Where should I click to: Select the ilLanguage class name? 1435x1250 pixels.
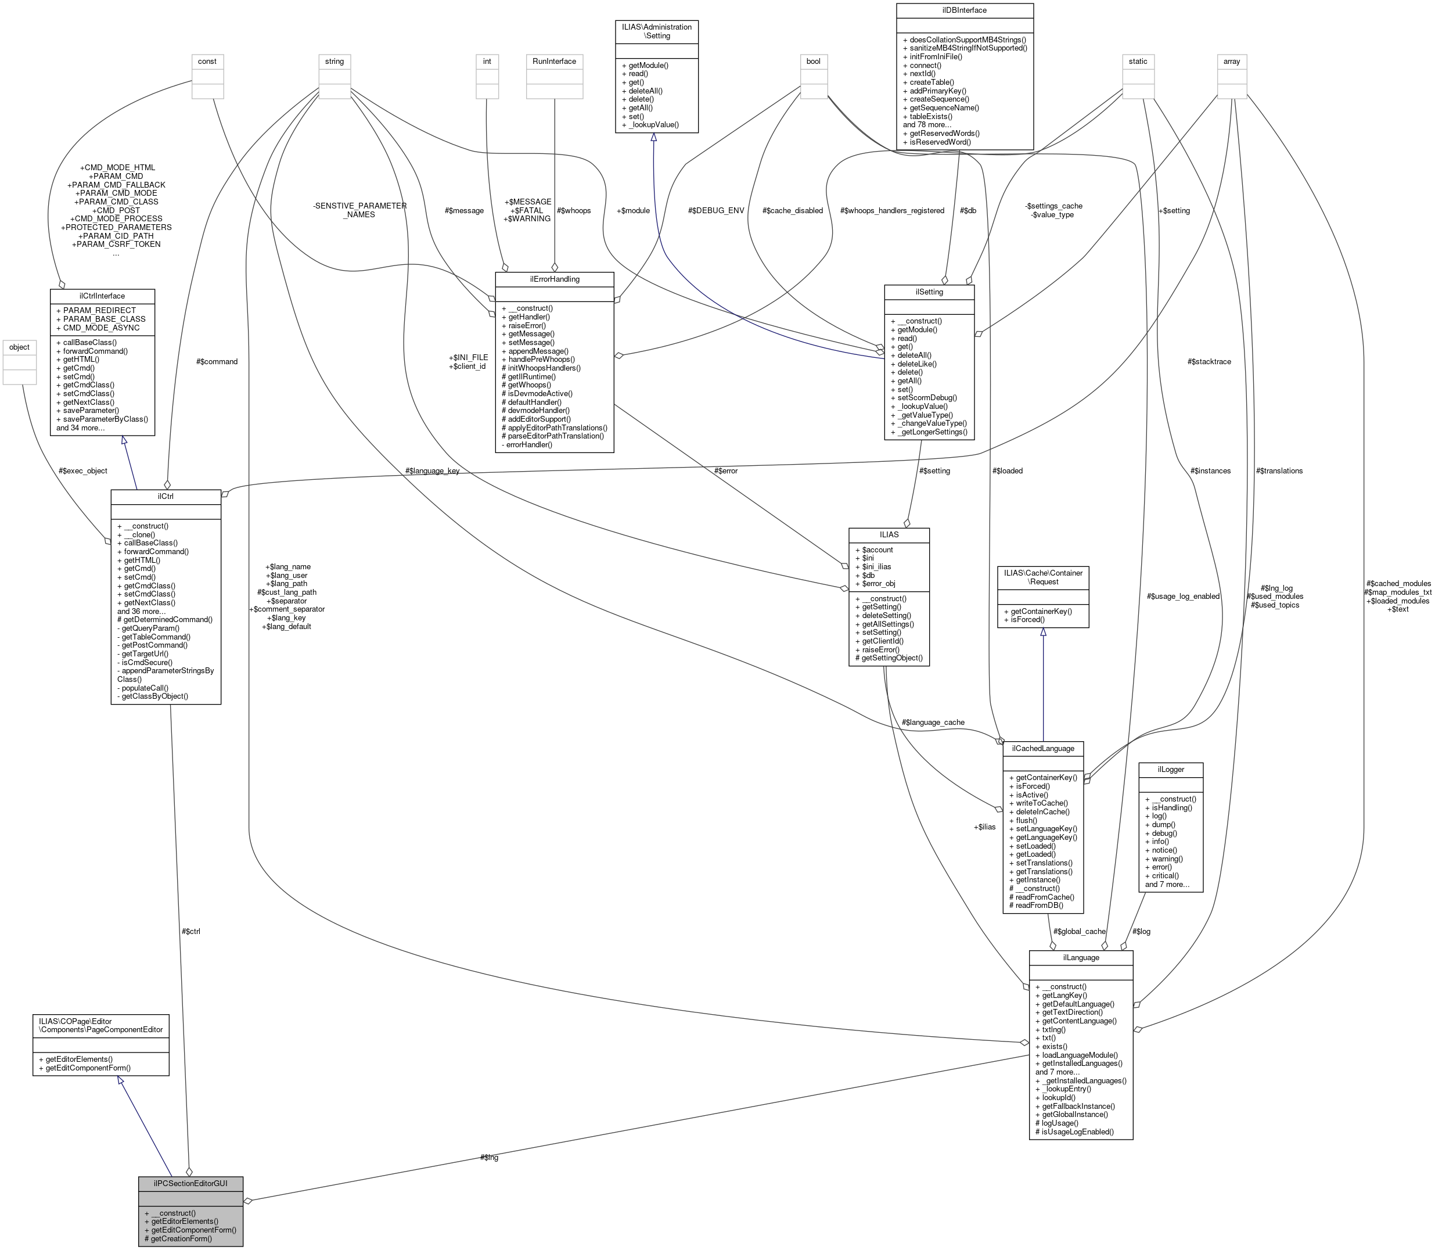[x=1081, y=957]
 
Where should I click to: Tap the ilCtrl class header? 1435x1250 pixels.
[x=166, y=496]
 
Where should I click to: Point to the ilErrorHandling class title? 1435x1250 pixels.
[x=555, y=279]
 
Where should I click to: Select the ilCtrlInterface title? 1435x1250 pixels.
[x=102, y=296]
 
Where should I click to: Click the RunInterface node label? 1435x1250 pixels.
[x=555, y=62]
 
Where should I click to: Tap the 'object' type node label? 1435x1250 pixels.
[x=20, y=347]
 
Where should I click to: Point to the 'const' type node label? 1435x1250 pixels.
[x=207, y=62]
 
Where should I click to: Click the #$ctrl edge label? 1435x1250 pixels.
[x=190, y=931]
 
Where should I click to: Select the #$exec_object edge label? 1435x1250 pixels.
[x=83, y=471]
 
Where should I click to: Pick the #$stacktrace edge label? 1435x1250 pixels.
[x=1209, y=361]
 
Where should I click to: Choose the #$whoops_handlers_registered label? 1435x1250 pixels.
[x=893, y=211]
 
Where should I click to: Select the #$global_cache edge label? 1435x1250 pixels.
[x=1080, y=931]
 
